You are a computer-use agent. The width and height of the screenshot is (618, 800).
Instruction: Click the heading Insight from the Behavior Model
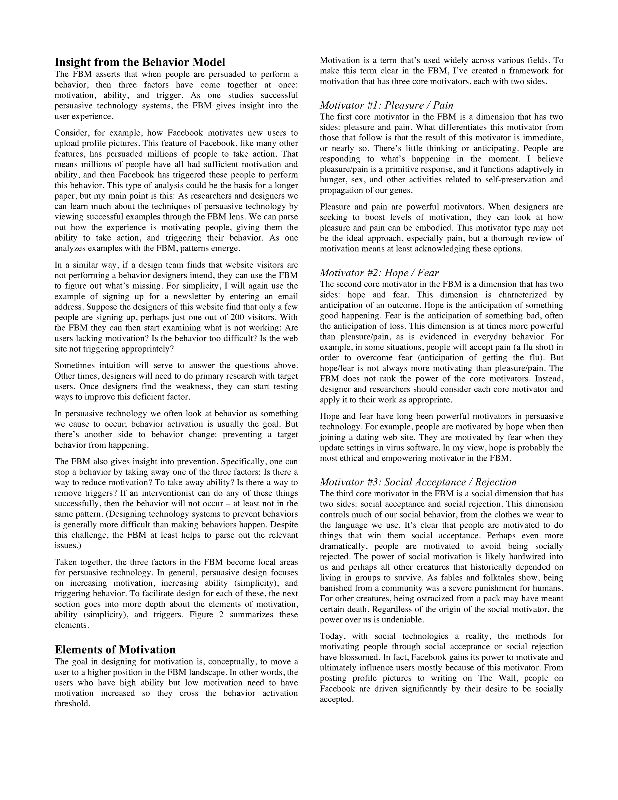pos(139,62)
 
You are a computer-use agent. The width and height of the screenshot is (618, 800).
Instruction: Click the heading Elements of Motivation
pos(115,649)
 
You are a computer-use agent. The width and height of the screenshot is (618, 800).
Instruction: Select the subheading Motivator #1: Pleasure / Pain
pos(386,105)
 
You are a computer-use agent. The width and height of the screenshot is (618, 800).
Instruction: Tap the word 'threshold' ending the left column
pos(72,704)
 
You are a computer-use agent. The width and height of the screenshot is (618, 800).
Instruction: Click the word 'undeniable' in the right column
pos(402,620)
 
